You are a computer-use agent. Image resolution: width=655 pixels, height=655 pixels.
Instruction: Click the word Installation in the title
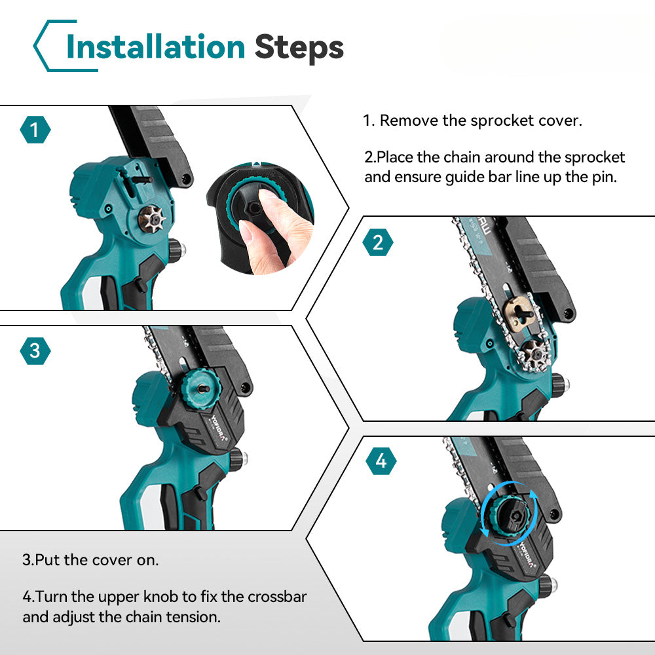point(155,47)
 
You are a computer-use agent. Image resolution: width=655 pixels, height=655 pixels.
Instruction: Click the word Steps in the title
point(299,48)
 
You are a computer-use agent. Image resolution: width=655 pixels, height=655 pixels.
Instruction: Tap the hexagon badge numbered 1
point(35,130)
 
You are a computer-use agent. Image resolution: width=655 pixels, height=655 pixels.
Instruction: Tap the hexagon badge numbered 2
point(378,242)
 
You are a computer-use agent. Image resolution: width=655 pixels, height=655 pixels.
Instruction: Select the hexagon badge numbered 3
point(35,351)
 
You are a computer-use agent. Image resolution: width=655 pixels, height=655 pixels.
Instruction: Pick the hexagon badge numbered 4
point(381,461)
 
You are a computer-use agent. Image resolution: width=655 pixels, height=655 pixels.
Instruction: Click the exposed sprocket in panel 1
point(152,219)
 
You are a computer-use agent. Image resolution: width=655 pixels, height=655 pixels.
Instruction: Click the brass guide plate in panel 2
point(519,312)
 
